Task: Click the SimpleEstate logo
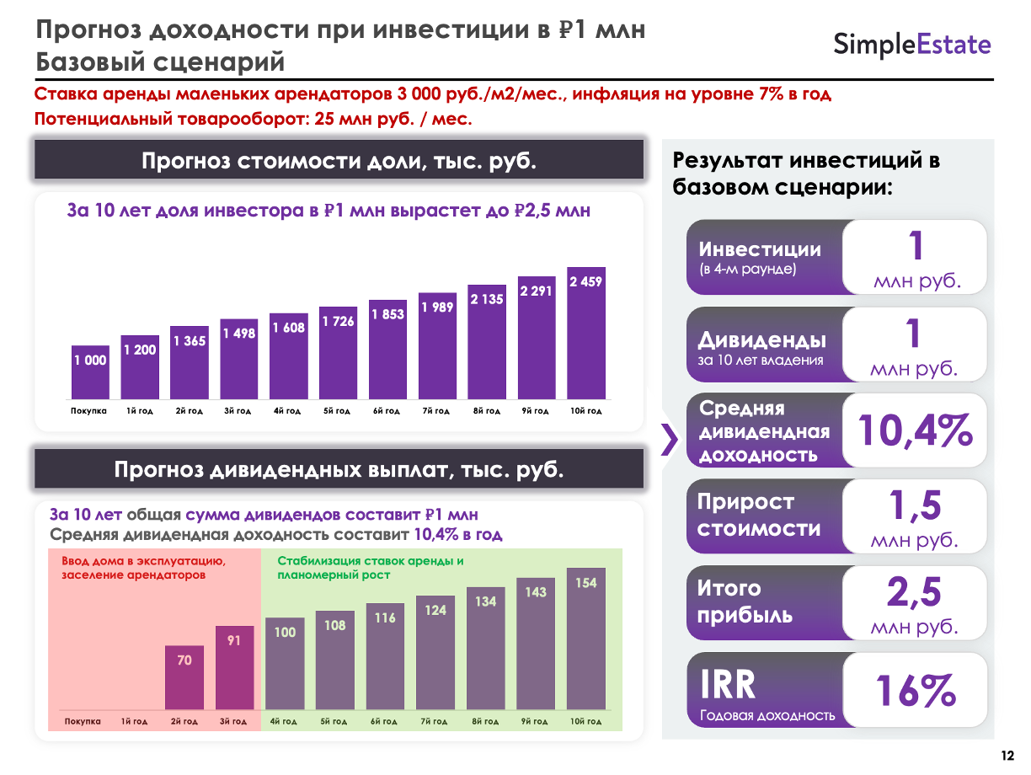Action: coord(912,44)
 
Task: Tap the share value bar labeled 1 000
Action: coord(90,371)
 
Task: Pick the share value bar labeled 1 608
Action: coord(288,355)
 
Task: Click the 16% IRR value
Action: coord(915,691)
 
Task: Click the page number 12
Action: coord(1007,754)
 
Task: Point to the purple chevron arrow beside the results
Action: coord(670,439)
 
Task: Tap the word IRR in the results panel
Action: coord(729,686)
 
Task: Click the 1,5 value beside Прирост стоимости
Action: coord(915,505)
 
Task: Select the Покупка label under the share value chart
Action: coord(88,411)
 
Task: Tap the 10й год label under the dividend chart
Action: coord(585,722)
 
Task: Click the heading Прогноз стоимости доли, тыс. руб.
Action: coord(339,161)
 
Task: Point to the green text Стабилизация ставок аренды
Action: coord(371,561)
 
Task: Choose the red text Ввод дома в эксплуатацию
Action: coord(143,561)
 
